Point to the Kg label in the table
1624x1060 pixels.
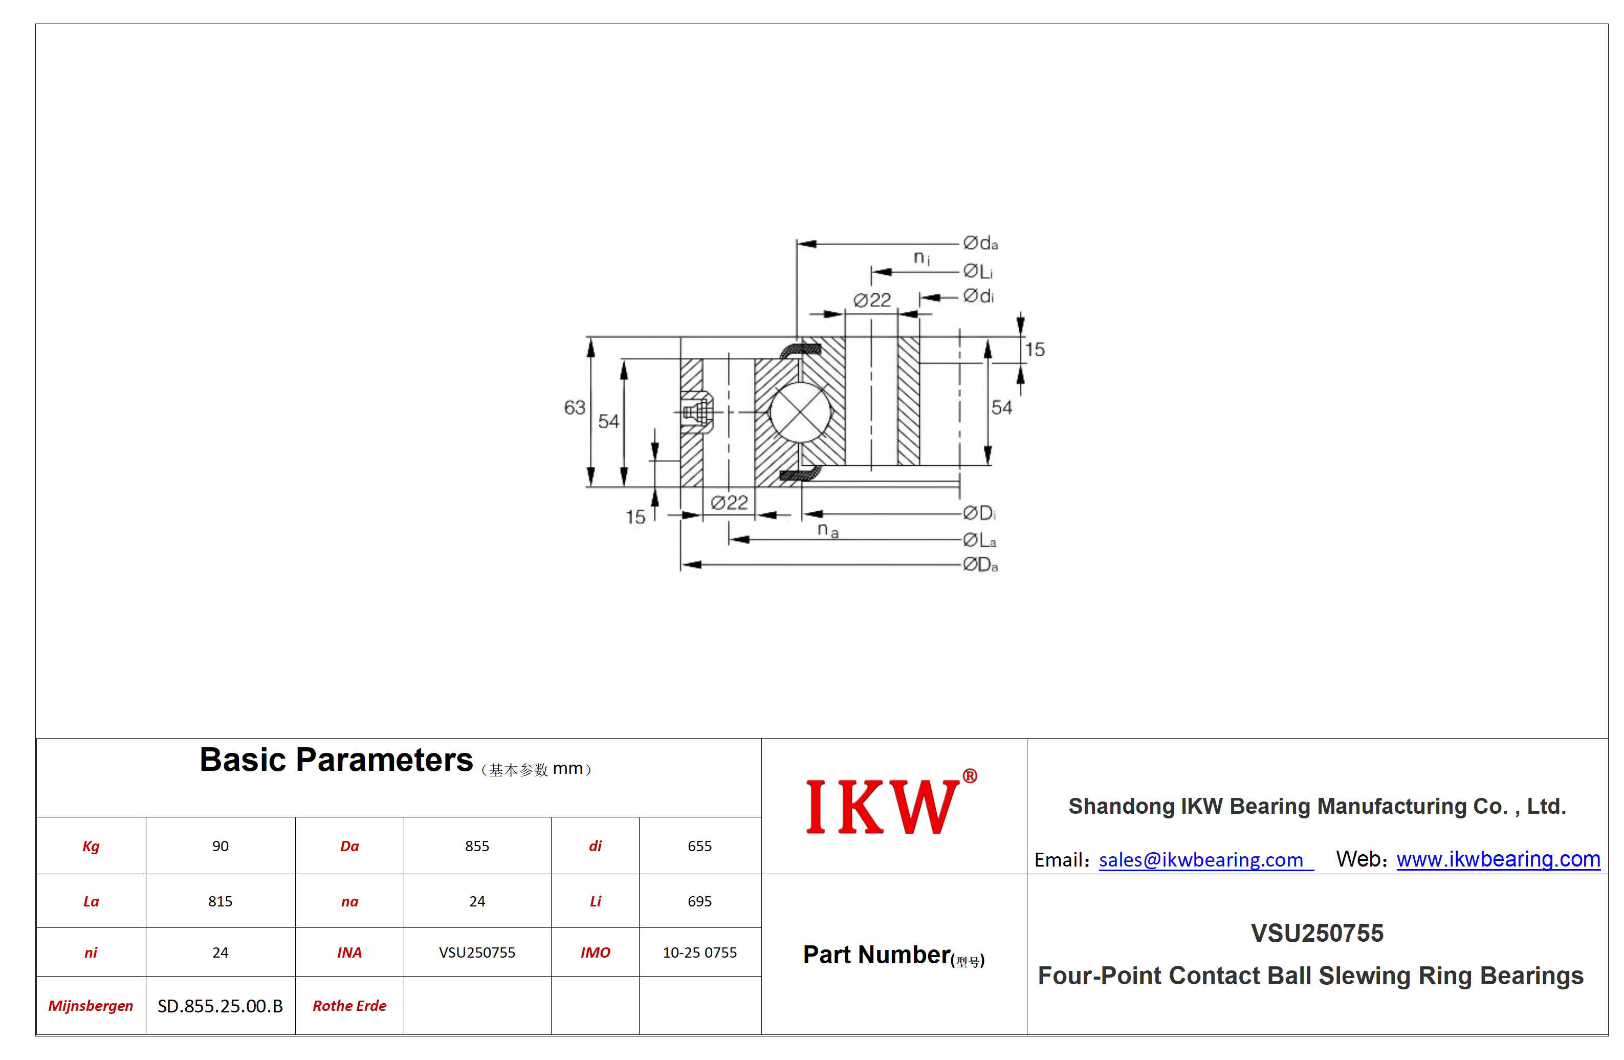pos(91,847)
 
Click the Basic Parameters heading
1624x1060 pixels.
pos(336,760)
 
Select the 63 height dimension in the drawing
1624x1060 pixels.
pos(575,407)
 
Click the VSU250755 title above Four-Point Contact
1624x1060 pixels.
pos(1317,933)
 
